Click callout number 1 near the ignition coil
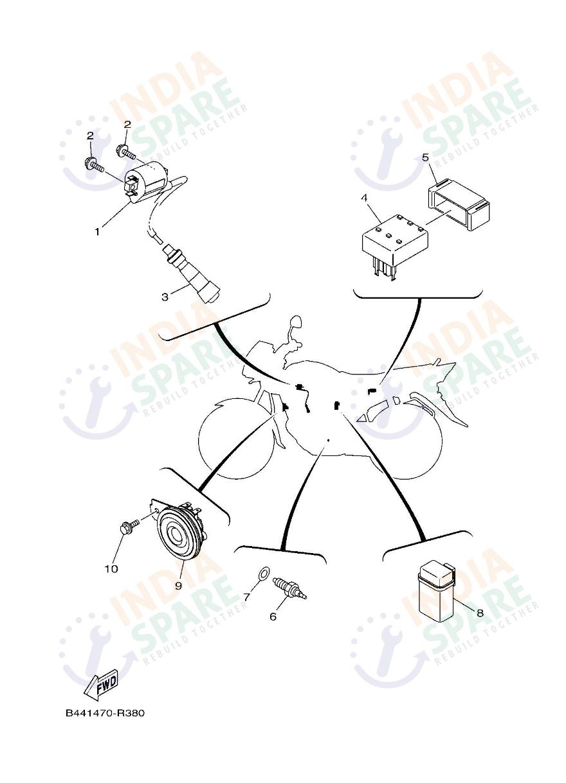point(98,231)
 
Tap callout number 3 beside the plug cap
point(165,297)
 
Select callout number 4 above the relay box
point(364,198)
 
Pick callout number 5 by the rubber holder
point(425,157)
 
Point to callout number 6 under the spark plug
point(273,617)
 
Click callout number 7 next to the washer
point(246,597)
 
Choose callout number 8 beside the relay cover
point(480,613)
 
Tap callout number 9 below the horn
point(178,585)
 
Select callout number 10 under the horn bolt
point(111,568)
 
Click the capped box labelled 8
point(436,591)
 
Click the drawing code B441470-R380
point(105,714)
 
